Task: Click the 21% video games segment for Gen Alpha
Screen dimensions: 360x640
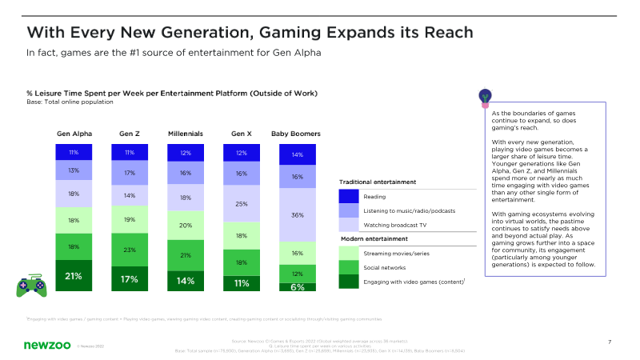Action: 74,275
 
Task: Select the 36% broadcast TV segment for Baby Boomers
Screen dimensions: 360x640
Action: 298,214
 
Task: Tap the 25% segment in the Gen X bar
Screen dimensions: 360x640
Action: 242,204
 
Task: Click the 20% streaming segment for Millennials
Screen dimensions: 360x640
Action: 186,226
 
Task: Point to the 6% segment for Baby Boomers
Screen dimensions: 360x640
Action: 298,286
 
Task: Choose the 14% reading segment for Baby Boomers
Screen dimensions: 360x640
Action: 298,155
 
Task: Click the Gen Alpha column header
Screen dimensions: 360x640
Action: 74,133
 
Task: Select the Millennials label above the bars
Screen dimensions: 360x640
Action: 186,133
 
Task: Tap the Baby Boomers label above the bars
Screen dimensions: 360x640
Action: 296,133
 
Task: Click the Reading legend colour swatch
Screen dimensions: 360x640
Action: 349,196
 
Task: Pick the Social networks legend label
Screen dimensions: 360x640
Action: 385,267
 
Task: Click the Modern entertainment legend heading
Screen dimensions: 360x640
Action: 374,239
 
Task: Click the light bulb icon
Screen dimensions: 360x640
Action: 484,97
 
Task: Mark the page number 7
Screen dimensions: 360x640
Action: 610,342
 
